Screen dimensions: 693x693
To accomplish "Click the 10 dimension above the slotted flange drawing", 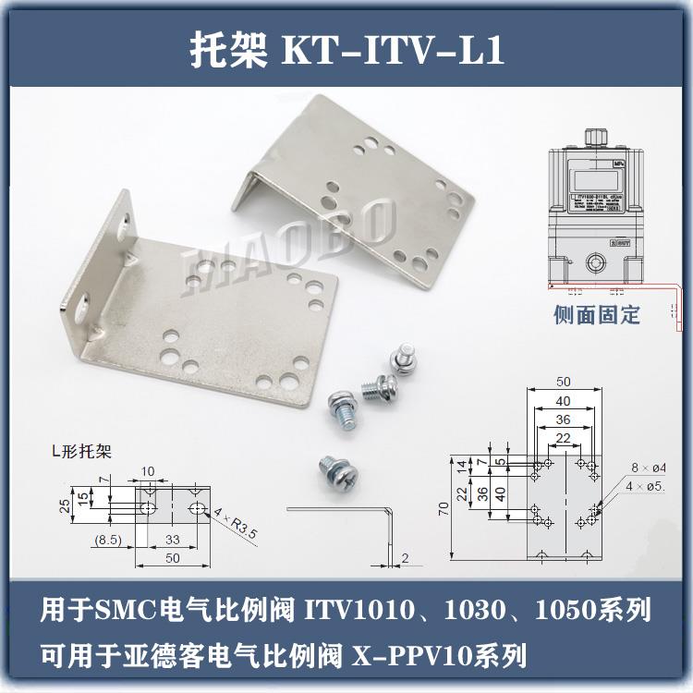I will click(148, 472).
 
